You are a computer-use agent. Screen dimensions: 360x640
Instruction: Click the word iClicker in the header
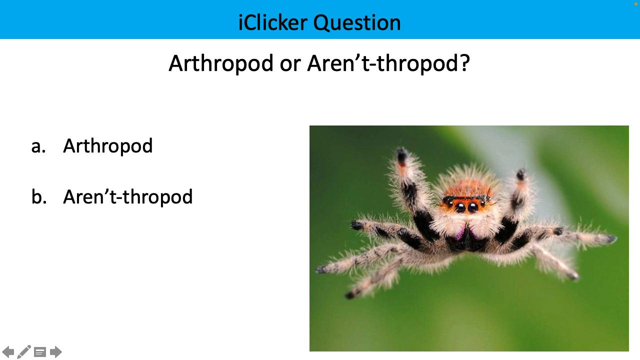273,22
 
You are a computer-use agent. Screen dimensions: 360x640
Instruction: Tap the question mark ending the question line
464,63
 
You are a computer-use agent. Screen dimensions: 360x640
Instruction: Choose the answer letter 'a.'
38,146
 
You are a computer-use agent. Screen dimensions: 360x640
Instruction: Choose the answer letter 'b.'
38,196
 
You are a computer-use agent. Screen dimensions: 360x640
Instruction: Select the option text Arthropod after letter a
107,146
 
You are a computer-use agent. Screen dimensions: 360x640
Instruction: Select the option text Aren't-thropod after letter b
127,196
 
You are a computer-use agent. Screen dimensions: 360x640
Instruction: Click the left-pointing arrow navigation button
8,352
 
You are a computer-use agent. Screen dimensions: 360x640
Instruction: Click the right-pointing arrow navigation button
56,352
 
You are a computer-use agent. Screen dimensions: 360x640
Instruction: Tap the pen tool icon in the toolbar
24,352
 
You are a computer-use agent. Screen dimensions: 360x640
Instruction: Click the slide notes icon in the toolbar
40,352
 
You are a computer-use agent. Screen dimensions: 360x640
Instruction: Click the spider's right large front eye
473,207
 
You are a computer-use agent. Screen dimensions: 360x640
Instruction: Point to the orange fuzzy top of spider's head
466,188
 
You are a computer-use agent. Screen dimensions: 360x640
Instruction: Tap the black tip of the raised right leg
521,174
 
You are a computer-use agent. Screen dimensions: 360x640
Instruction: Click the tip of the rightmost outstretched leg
612,239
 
